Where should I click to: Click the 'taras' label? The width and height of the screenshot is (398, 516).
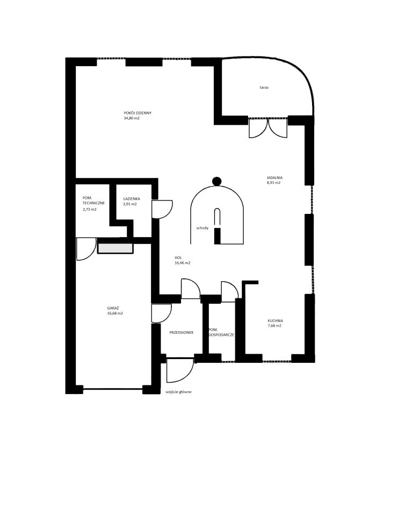coord(264,88)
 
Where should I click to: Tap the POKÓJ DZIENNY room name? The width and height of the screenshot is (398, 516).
coord(138,113)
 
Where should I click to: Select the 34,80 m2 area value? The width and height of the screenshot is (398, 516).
coord(132,118)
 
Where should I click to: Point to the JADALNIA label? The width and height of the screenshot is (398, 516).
coord(274,178)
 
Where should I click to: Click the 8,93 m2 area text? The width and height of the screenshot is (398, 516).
coord(274,183)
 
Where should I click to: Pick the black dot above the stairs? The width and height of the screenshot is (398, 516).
coord(216,181)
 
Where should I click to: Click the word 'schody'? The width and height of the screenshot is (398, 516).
coord(202,228)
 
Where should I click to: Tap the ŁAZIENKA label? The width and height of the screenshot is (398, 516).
coord(132,199)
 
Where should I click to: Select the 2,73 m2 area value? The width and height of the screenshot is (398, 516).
coord(90,209)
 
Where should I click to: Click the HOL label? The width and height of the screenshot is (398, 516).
coord(178,257)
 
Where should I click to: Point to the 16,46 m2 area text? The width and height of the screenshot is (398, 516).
coord(183,263)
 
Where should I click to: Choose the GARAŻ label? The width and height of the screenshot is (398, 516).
coord(113,308)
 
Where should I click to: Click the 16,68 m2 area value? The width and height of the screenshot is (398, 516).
coord(115,313)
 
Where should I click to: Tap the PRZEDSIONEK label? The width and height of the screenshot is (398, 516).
coord(181,332)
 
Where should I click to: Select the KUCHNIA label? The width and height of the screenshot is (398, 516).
coord(276,320)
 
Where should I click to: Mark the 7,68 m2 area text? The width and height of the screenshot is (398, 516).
coord(274,326)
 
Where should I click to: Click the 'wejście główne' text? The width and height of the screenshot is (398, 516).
coord(178,392)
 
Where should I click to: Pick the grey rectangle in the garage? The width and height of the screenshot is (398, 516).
coord(115,248)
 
